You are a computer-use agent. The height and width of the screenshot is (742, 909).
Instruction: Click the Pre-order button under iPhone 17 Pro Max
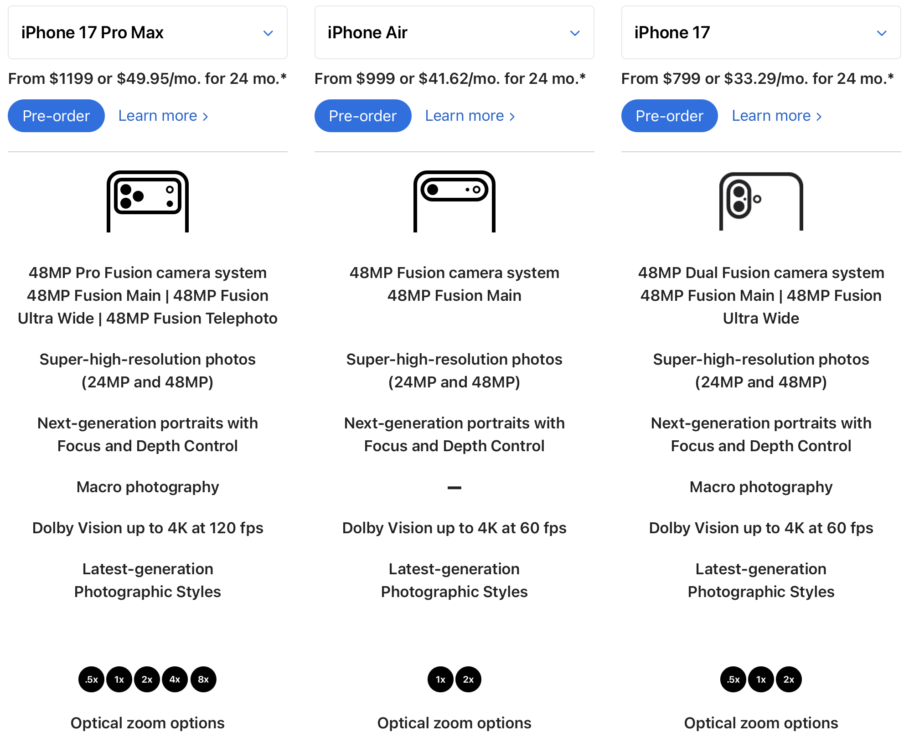pyautogui.click(x=56, y=116)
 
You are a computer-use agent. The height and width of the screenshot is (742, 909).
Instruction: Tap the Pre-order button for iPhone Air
pyautogui.click(x=363, y=116)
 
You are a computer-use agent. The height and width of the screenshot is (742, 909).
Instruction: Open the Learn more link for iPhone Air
pyautogui.click(x=470, y=116)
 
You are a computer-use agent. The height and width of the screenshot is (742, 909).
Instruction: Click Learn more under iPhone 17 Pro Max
pyautogui.click(x=163, y=116)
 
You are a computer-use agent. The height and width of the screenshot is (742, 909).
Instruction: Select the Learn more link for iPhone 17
pyautogui.click(x=776, y=116)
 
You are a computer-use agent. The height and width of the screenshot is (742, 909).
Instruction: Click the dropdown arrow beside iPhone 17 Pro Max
pyautogui.click(x=268, y=33)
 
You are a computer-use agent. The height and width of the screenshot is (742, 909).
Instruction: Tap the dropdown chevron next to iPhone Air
pyautogui.click(x=575, y=33)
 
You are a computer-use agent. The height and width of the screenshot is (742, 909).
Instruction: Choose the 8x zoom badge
pyautogui.click(x=203, y=679)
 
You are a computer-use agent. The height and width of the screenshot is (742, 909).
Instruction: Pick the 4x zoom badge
pyautogui.click(x=175, y=679)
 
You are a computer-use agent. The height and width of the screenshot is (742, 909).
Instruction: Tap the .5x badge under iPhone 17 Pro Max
pyautogui.click(x=91, y=679)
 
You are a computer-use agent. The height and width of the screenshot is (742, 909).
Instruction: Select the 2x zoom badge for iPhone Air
pyautogui.click(x=468, y=679)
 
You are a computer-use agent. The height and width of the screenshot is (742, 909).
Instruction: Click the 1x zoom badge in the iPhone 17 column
pyautogui.click(x=761, y=679)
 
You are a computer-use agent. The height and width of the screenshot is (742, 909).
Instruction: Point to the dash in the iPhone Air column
pyautogui.click(x=454, y=488)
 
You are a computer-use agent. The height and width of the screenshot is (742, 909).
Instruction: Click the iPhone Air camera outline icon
pyautogui.click(x=454, y=201)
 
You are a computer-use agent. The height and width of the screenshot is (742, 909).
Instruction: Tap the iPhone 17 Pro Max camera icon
pyautogui.click(x=147, y=201)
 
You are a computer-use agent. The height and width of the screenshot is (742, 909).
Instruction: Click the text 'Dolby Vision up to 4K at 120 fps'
pyautogui.click(x=148, y=528)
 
